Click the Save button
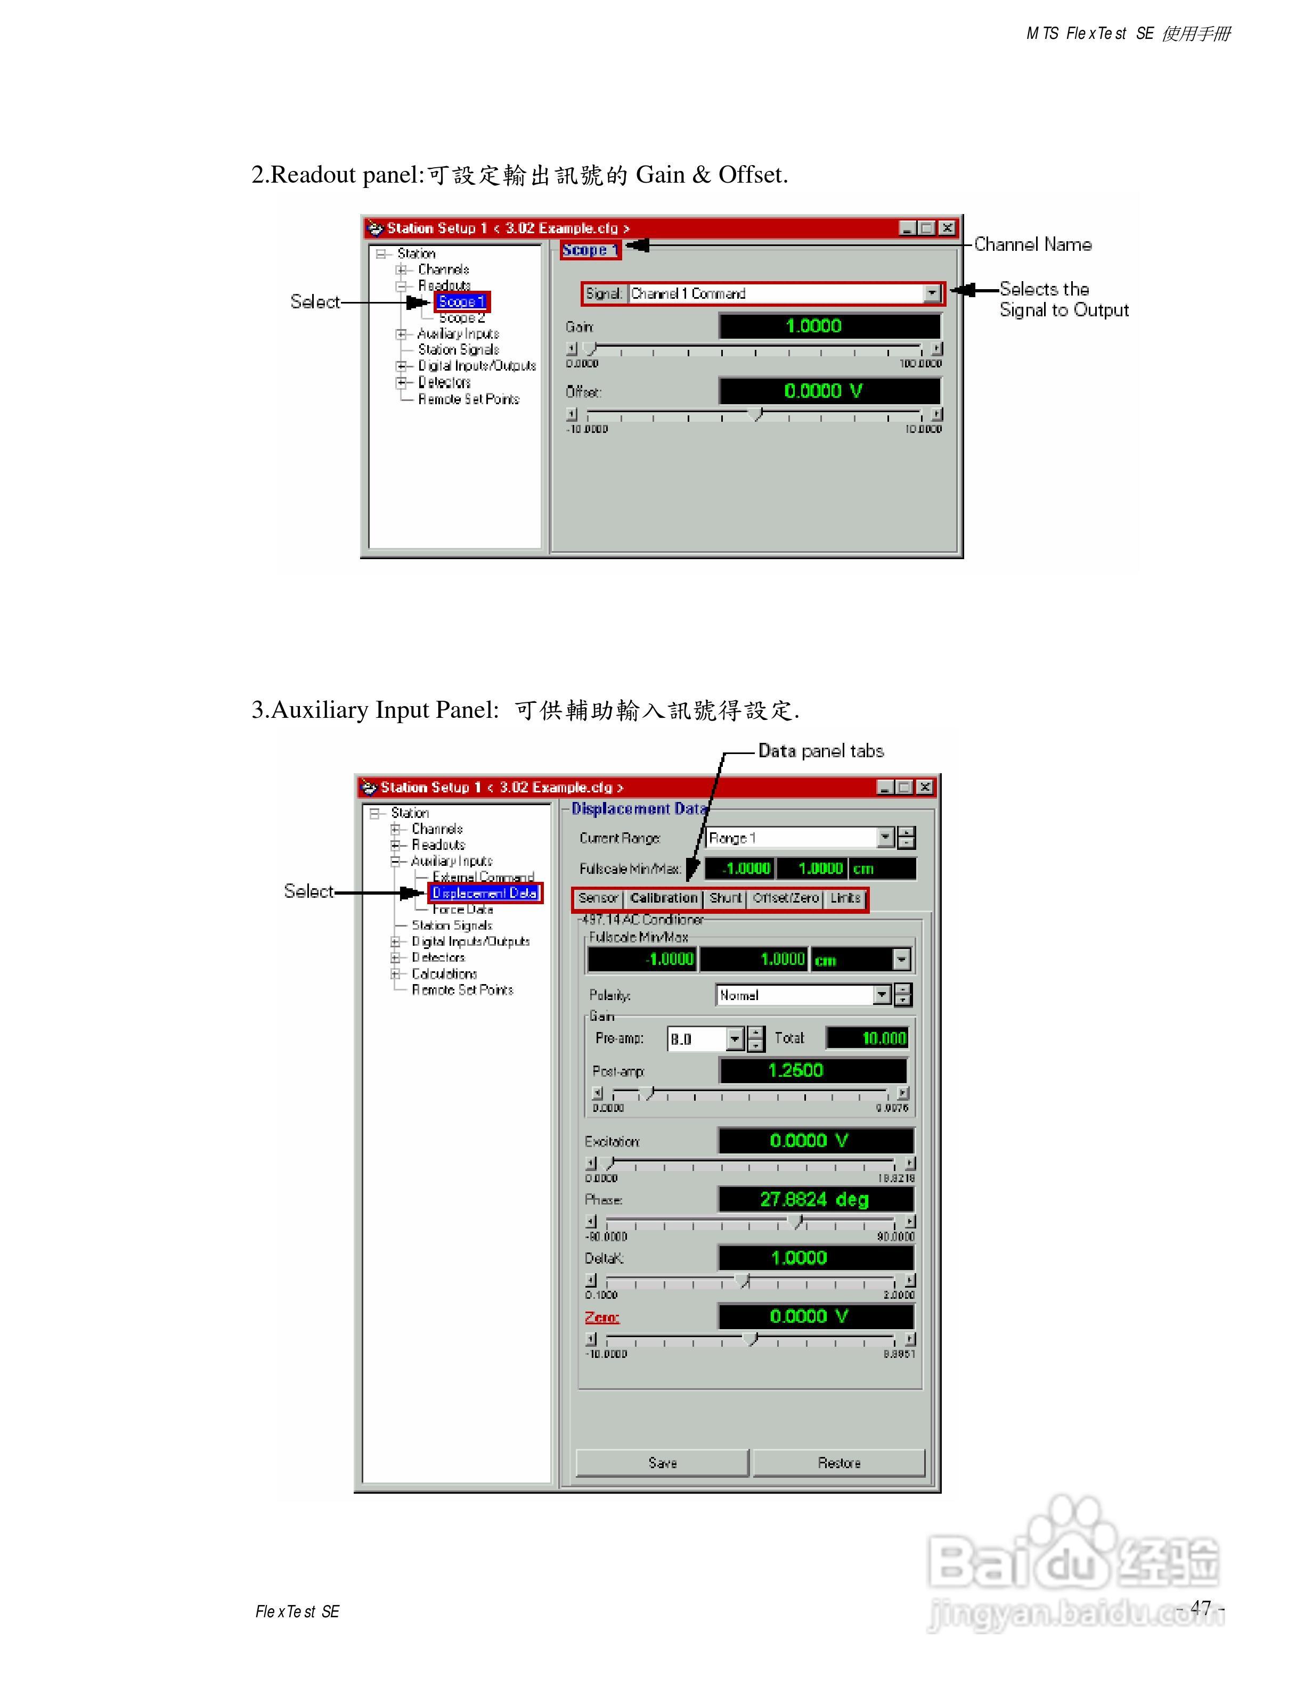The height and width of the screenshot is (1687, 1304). point(662,1463)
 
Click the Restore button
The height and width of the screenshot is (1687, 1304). point(839,1463)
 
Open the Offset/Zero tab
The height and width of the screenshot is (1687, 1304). point(785,898)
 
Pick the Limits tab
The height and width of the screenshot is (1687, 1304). point(845,898)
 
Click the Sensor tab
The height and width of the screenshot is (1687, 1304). point(598,898)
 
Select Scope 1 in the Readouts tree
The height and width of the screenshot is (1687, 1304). point(461,302)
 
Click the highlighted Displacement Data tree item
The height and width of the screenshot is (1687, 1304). point(484,893)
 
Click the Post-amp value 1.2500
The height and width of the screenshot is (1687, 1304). point(812,1070)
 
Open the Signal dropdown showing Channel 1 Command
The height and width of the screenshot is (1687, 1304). point(932,293)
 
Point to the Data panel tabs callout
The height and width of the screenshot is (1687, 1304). point(820,751)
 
